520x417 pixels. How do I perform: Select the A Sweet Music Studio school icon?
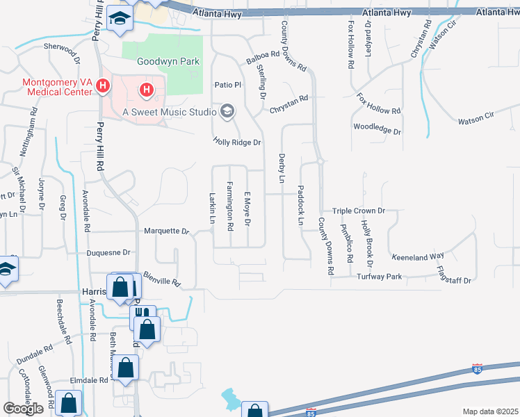pos(227,111)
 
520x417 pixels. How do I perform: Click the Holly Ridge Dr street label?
pos(236,142)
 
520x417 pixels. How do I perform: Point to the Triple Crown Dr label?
pos(358,211)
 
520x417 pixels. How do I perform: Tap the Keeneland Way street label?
pos(417,256)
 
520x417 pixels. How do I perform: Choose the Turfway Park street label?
pos(380,277)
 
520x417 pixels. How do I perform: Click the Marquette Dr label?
pos(166,231)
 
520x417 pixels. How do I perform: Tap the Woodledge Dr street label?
pos(377,130)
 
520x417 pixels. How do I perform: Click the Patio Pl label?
pos(227,85)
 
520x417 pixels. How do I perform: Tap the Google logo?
pos(24,409)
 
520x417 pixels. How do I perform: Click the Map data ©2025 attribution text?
pos(491,411)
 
